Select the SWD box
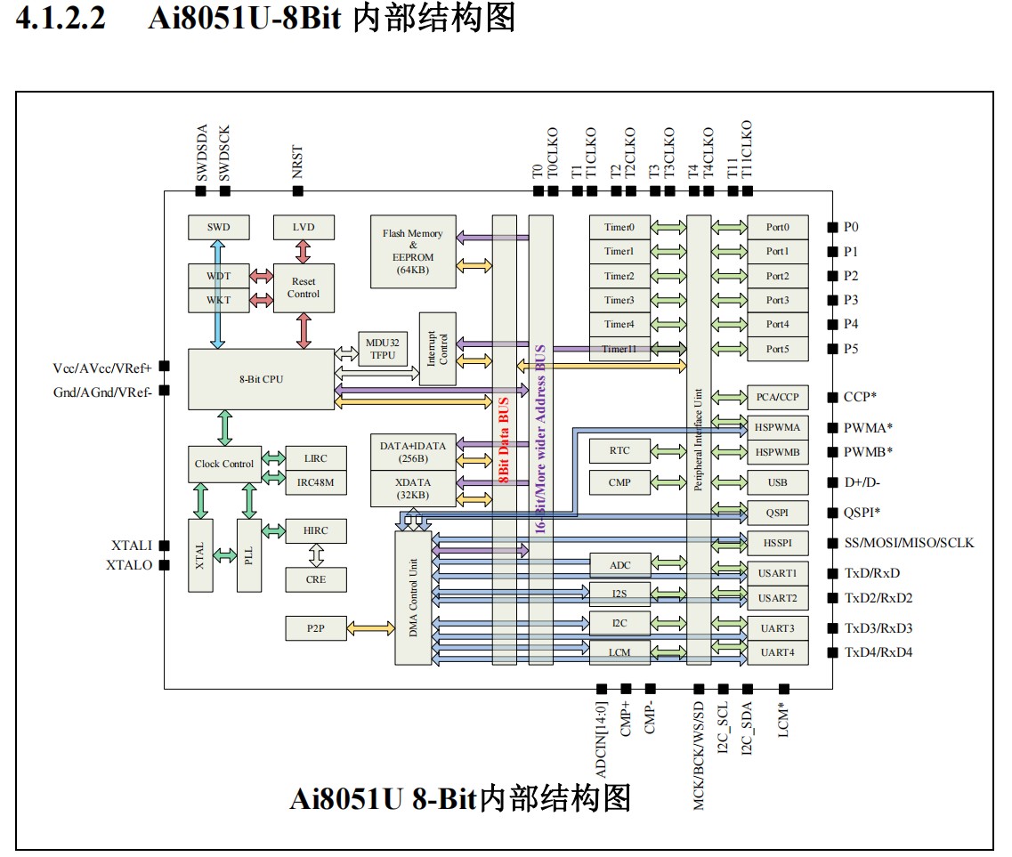coord(218,227)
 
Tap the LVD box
coord(304,227)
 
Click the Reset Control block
coord(304,288)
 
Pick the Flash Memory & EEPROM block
coord(413,251)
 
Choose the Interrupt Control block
coord(437,349)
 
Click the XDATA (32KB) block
coord(412,489)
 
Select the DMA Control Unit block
coord(413,595)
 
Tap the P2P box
coord(315,627)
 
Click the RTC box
coord(619,450)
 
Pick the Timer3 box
coord(619,301)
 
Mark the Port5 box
coord(777,349)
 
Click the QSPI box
coord(777,513)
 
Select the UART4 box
coord(777,652)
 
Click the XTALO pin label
coord(129,565)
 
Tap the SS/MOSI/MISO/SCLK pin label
coord(909,543)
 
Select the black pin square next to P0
coord(832,227)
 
